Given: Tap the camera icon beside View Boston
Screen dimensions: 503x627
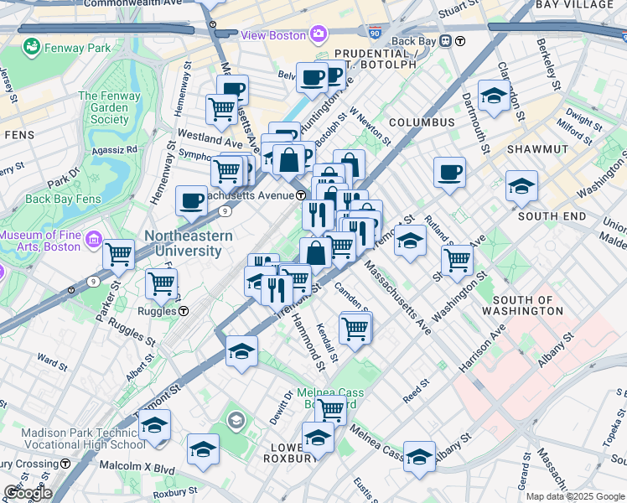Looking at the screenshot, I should (319, 35).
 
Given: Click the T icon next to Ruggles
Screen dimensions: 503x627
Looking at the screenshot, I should (183, 311).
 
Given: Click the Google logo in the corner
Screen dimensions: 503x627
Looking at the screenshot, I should (27, 493).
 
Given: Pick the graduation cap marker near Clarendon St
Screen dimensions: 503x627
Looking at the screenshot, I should (494, 96).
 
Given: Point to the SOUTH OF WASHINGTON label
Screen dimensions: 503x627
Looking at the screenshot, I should (528, 305).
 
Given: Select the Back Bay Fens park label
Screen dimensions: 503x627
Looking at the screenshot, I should (63, 199).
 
